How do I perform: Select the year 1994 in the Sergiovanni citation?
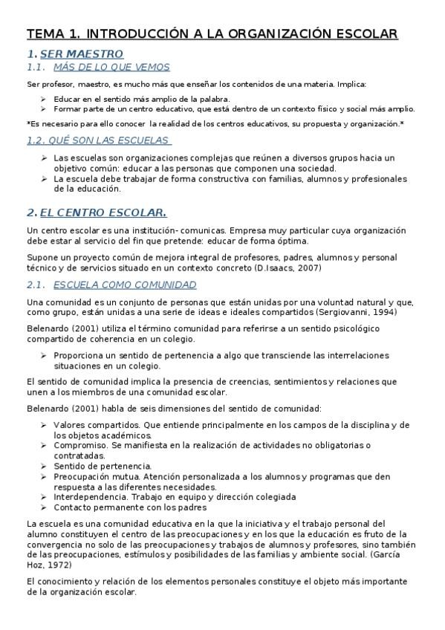point(385,312)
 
